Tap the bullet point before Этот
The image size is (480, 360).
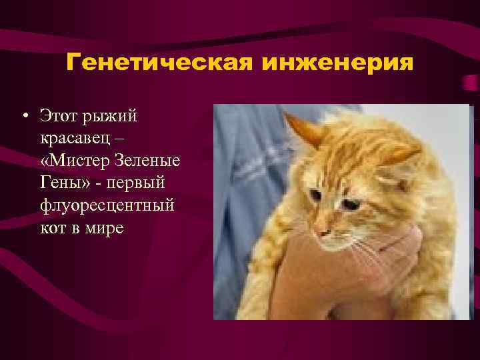click(23, 117)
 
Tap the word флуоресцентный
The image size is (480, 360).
click(107, 205)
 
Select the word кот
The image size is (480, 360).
click(53, 227)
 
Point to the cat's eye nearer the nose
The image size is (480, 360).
click(314, 196)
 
